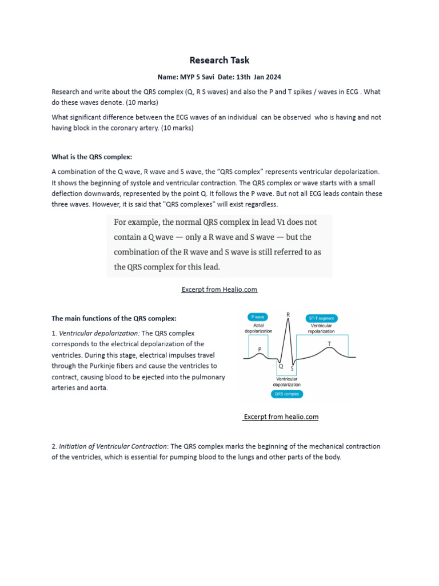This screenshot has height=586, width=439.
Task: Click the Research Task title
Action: [219, 60]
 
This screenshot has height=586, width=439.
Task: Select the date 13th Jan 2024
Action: [258, 77]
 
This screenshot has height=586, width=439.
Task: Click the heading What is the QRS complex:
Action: [92, 157]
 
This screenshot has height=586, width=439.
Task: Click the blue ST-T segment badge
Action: [322, 318]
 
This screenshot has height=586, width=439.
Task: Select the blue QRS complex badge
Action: [288, 394]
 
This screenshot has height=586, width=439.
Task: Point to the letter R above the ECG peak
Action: [288, 315]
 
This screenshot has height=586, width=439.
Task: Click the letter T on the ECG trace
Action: [329, 343]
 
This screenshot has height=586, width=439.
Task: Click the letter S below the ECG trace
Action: [292, 369]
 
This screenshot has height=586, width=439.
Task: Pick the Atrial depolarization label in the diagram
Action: [258, 328]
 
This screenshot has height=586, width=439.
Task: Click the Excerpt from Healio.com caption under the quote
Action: [219, 290]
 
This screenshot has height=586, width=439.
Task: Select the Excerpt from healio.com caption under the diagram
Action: [281, 417]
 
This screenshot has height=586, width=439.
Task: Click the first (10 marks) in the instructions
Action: [141, 102]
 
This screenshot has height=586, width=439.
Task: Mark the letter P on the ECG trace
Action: [260, 349]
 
